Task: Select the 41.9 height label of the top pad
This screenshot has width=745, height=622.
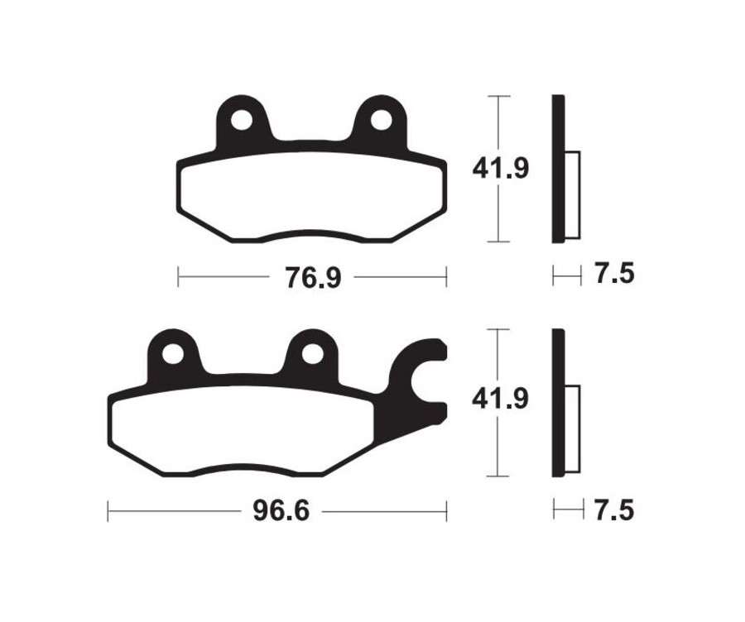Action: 500,169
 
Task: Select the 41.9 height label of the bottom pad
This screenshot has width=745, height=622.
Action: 500,400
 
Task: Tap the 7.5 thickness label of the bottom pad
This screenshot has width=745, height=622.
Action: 613,510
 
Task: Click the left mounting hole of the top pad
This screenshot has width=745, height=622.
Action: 242,121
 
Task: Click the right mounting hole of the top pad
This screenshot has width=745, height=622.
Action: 381,121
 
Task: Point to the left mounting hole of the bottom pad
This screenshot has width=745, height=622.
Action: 172,354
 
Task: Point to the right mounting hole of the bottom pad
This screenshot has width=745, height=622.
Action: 311,354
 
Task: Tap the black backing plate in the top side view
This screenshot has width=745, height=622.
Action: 559,169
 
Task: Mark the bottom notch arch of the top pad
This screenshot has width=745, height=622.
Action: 311,234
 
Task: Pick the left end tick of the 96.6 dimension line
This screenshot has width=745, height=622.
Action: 108,511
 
